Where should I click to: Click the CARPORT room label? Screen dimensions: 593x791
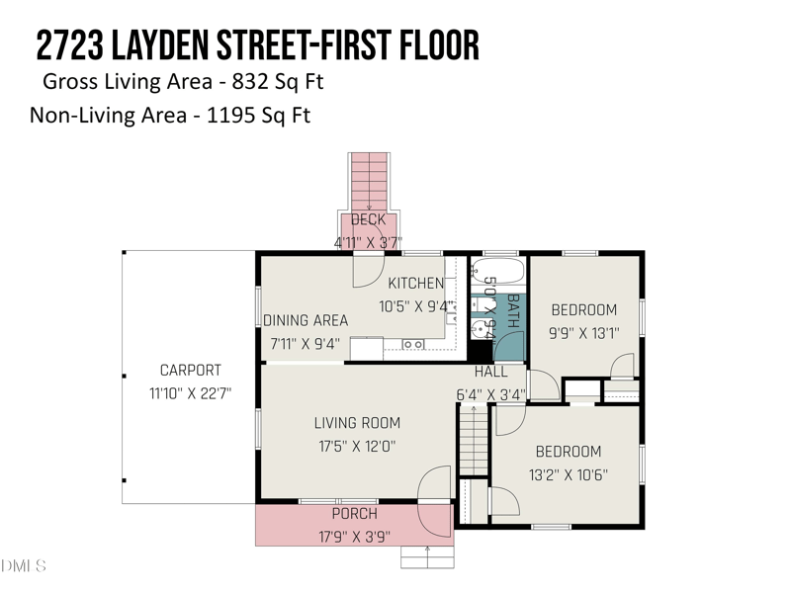pyautogui.click(x=191, y=370)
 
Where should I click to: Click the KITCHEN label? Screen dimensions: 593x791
pyautogui.click(x=415, y=283)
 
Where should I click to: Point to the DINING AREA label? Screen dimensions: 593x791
pyautogui.click(x=306, y=320)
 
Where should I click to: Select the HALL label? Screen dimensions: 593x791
pyautogui.click(x=490, y=372)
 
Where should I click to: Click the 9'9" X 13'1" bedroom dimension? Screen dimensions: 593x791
pyautogui.click(x=583, y=333)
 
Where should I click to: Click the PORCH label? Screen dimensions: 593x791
pyautogui.click(x=354, y=514)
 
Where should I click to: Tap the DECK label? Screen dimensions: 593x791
pyautogui.click(x=368, y=219)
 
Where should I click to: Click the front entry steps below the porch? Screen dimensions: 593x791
pyautogui.click(x=426, y=556)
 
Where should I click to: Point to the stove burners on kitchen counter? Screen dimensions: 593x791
pyautogui.click(x=413, y=344)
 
